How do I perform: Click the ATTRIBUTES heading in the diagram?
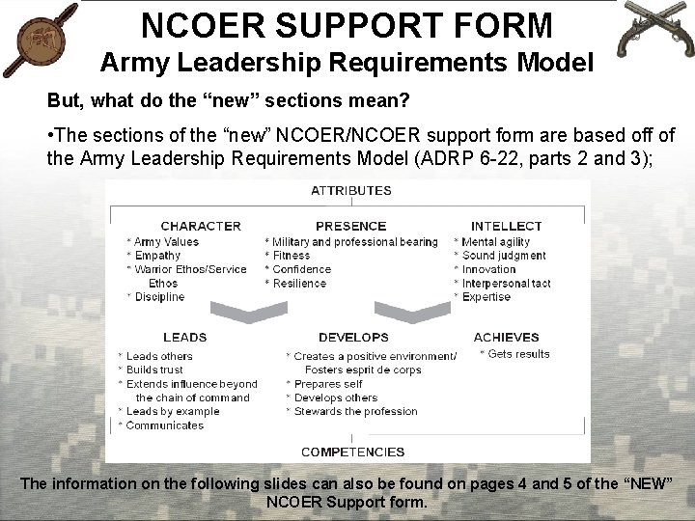coord(350,190)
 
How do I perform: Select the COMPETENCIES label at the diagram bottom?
coord(352,452)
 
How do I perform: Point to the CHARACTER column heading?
coord(201,226)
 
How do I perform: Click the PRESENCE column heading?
coord(350,226)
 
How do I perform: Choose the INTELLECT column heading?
coord(506,226)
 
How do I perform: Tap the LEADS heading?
coord(184,338)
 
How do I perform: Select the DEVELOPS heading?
coord(353,338)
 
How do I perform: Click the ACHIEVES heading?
coord(506,338)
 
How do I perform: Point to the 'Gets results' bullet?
coord(518,354)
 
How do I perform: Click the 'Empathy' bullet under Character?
coord(157,256)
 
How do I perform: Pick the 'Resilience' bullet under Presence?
coord(299,284)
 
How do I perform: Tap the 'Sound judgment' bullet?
coord(503,256)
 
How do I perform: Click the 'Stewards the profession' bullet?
coord(355,412)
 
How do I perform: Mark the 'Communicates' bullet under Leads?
coord(164,425)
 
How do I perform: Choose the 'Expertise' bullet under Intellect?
coord(486,297)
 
